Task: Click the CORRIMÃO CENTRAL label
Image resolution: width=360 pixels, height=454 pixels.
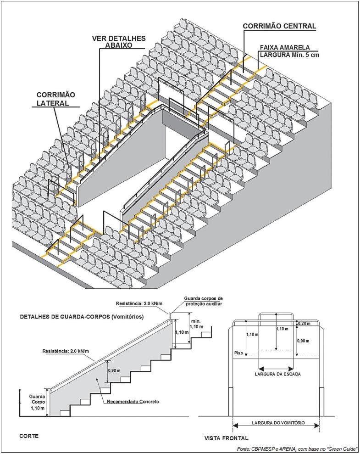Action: (279, 26)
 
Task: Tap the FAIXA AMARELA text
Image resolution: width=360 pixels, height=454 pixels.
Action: (285, 47)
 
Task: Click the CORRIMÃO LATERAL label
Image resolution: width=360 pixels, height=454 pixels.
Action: (56, 99)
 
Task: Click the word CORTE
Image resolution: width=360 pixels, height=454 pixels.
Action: (28, 436)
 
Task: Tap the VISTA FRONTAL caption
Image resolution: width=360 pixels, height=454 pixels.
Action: (226, 438)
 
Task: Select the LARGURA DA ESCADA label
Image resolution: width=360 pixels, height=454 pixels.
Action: (277, 375)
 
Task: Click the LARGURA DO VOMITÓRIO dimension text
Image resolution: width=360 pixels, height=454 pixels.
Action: (277, 422)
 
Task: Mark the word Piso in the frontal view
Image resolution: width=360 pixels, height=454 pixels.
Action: (239, 353)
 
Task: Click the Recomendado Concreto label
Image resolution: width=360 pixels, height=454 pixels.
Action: (133, 402)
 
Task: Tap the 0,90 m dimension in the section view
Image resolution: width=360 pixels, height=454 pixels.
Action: (114, 370)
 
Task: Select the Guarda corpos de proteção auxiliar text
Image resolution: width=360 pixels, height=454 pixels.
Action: (203, 302)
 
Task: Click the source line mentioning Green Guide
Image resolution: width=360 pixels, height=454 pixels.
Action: (297, 448)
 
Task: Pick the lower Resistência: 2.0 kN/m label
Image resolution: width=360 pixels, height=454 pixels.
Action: (65, 351)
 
